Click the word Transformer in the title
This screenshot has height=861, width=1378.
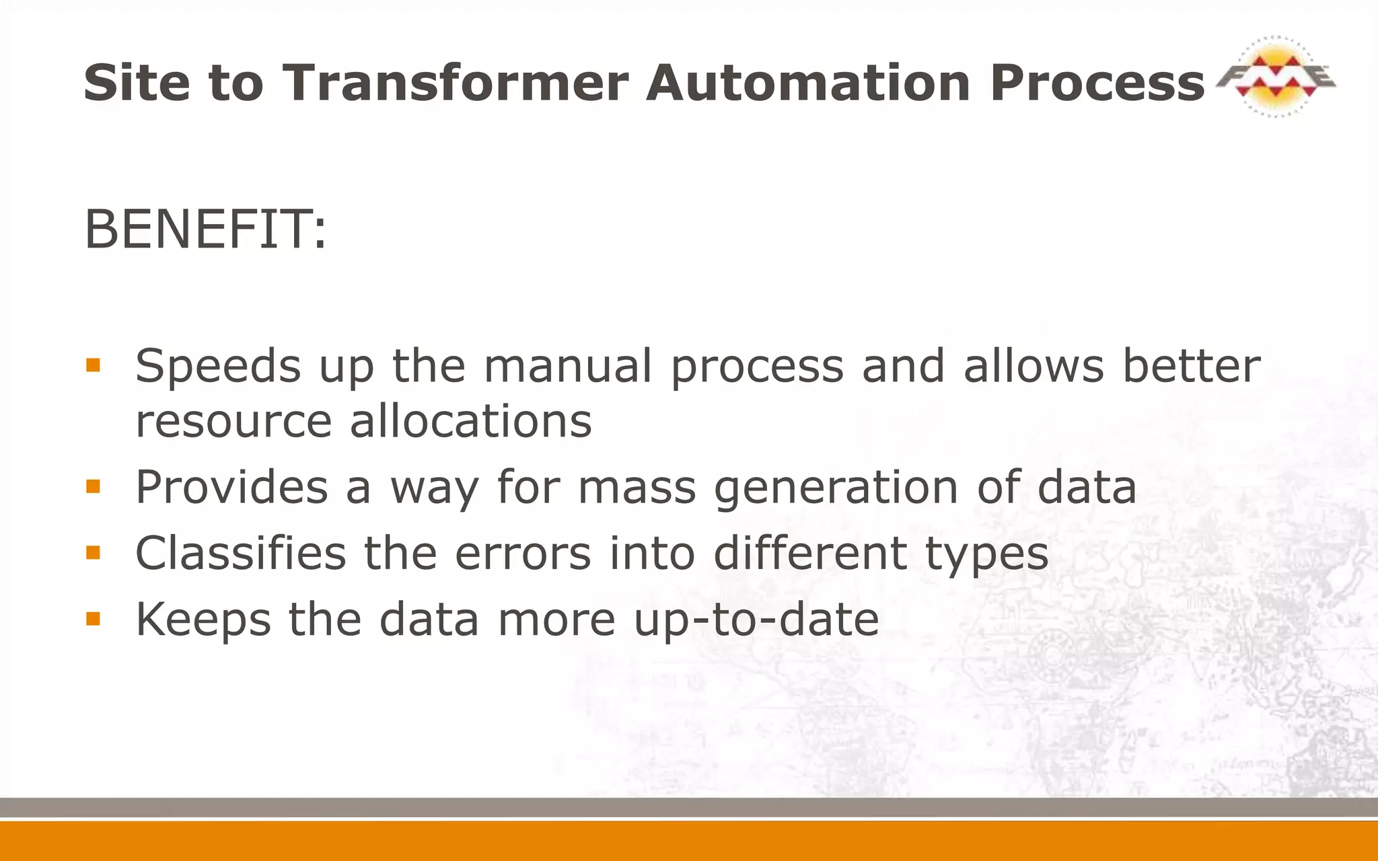point(455,83)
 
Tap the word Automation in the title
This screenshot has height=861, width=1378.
point(808,83)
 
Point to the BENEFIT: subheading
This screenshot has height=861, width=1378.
point(205,229)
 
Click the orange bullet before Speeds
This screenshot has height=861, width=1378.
point(93,365)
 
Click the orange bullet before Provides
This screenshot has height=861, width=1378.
point(93,486)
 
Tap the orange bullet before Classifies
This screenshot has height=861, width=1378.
point(93,553)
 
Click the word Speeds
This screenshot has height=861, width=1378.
point(217,367)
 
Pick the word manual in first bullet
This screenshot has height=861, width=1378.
point(567,367)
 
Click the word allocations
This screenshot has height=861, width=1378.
point(470,422)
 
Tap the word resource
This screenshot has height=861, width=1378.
point(233,422)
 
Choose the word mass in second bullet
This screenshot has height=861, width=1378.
point(637,488)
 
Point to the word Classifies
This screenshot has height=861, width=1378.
point(240,553)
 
